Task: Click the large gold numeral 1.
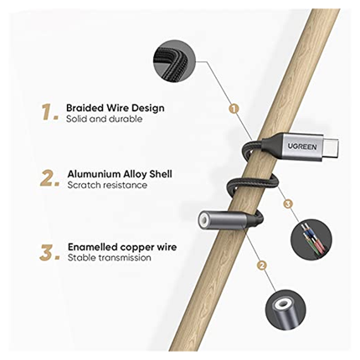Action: point(50,112)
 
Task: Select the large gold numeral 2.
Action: point(49,178)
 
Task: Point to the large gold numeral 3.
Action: point(49,252)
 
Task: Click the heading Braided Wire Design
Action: point(116,108)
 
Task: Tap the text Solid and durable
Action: point(104,119)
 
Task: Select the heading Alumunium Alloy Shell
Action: point(120,174)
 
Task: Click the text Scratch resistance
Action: point(107,185)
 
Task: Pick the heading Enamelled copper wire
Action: point(122,247)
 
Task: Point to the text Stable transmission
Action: point(109,258)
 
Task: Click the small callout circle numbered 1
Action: point(234,108)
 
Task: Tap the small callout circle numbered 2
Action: point(261,265)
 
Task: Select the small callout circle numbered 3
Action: point(288,203)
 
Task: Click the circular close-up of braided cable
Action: point(175,61)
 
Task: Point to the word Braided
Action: point(85,108)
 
